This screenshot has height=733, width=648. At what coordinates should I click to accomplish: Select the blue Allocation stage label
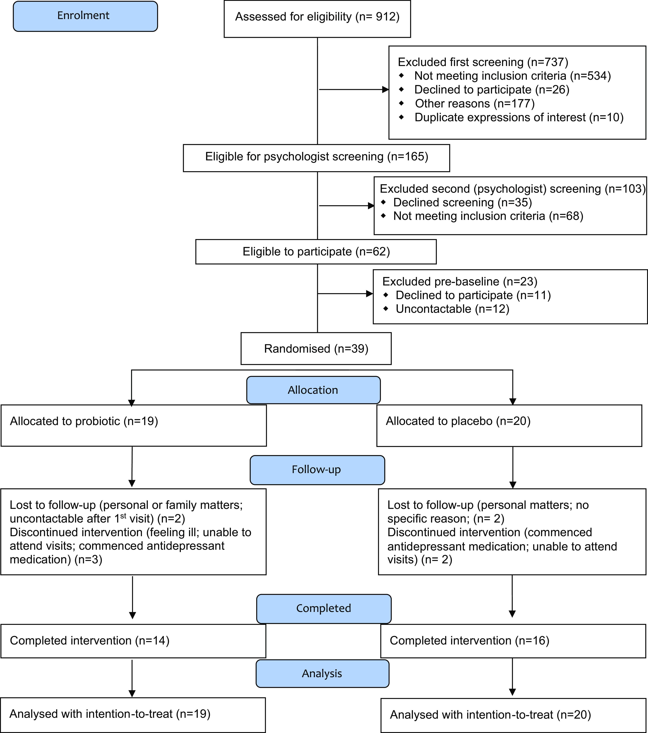pos(313,390)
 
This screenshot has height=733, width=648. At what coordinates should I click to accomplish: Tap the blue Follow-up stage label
pos(317,470)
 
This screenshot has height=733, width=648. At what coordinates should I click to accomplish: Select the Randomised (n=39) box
pos(316,348)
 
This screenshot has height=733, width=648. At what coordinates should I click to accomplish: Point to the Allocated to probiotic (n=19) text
pos(84,421)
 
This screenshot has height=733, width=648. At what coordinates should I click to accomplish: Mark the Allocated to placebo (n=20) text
pos(458,421)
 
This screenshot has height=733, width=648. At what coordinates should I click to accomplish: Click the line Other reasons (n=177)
pos(475,104)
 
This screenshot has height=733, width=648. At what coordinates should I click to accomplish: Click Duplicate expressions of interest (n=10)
pos(519,118)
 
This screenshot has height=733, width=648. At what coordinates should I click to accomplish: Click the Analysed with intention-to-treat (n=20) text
pos(490,715)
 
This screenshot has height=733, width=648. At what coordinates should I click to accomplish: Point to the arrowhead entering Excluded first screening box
pos(385,90)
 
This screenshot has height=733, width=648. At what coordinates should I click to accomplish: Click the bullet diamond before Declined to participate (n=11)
pos(386,295)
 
